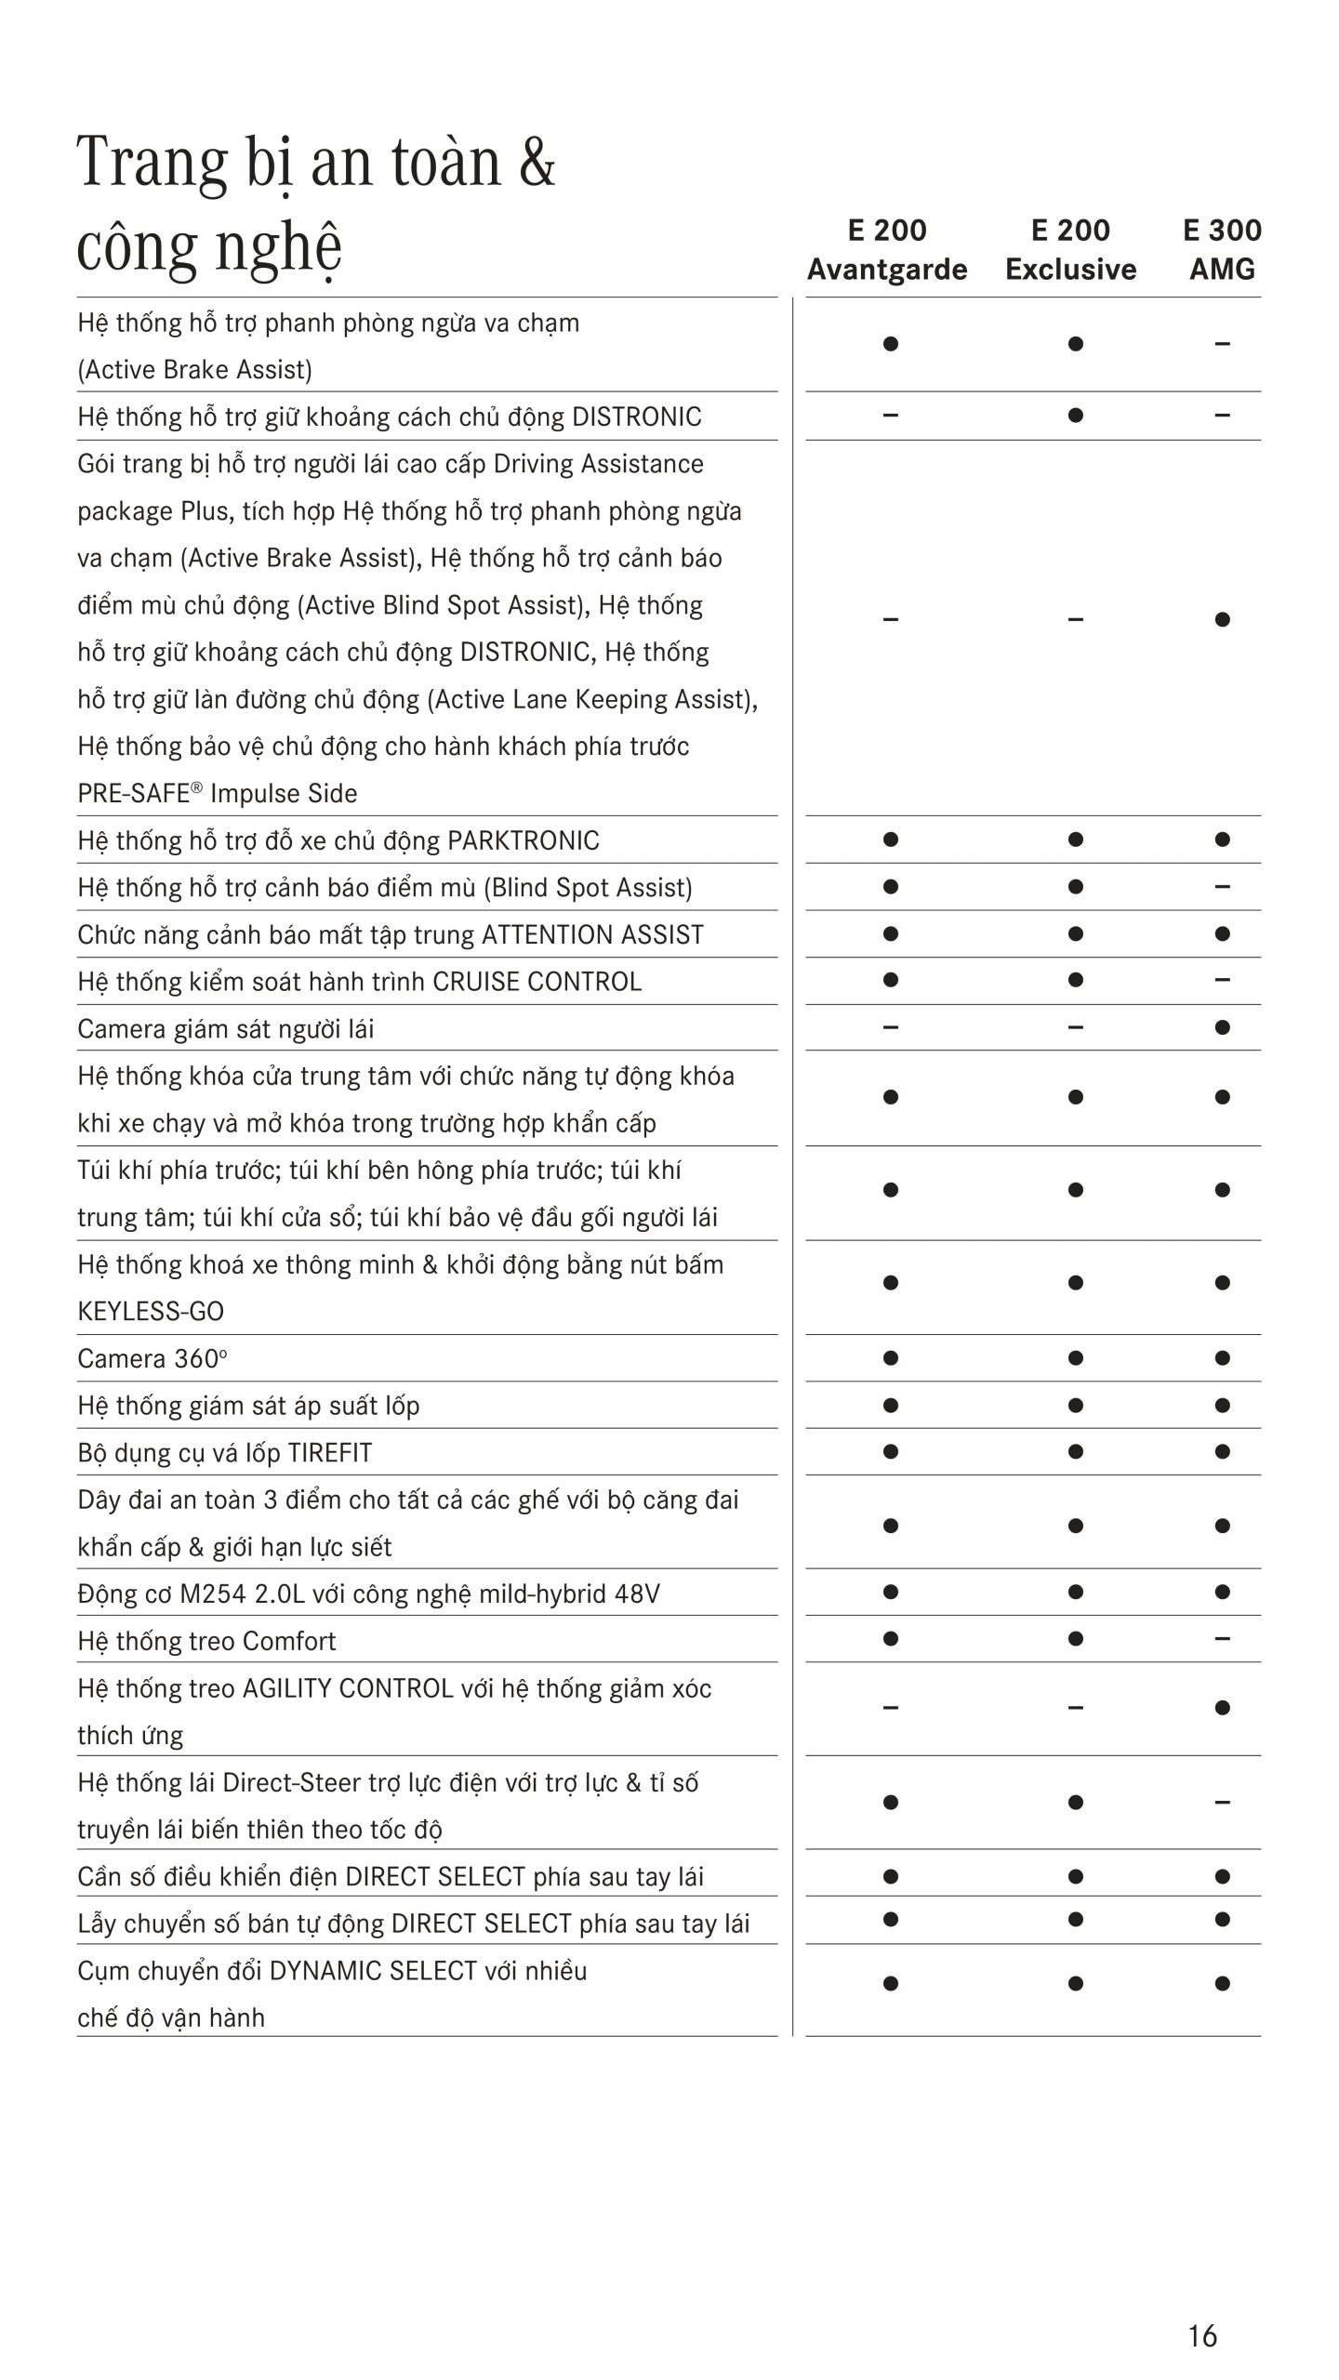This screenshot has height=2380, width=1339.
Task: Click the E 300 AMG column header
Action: [x=1222, y=249]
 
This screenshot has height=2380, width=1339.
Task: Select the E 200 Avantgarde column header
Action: [x=887, y=249]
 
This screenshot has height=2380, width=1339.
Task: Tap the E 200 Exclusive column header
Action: [x=1070, y=249]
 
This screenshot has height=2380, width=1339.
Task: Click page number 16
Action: [x=1202, y=2335]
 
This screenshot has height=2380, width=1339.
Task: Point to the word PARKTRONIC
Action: [x=524, y=840]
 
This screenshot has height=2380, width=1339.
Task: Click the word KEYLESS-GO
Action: [x=151, y=1312]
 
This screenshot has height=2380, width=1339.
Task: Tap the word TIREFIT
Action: [x=330, y=1452]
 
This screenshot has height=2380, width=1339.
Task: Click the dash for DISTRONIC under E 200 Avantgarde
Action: [x=890, y=415]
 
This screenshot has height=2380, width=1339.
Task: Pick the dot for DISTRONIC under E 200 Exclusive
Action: [x=1075, y=415]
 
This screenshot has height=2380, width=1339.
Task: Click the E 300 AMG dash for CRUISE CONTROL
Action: [x=1222, y=980]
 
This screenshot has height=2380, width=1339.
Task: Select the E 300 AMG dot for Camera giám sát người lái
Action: [x=1222, y=1027]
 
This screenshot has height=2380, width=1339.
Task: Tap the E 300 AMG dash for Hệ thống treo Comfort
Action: [x=1222, y=1638]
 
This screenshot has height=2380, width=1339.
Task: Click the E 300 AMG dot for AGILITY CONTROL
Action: [x=1222, y=1708]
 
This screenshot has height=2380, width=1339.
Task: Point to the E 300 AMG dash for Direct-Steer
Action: [x=1222, y=1802]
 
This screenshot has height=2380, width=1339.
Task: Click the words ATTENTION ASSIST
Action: [x=592, y=934]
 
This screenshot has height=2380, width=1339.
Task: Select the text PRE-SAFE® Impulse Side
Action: [x=218, y=793]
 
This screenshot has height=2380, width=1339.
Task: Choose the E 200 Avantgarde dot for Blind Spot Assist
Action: [x=890, y=886]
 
